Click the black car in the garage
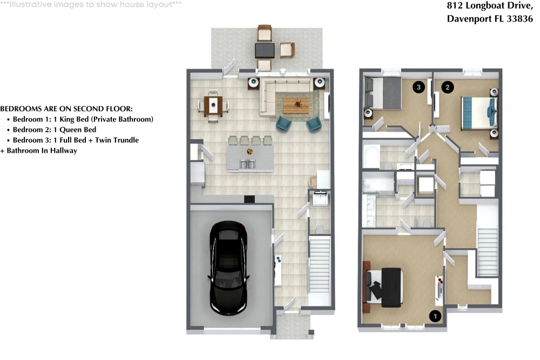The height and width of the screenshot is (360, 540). [228, 267]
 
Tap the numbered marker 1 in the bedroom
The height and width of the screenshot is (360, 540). [435, 316]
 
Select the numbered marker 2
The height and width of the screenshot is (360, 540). [447, 87]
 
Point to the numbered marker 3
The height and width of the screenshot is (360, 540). [418, 87]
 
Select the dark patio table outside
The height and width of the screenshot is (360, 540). [265, 50]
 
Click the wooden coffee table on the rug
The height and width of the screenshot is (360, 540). [296, 106]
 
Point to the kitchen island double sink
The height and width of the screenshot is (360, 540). [247, 164]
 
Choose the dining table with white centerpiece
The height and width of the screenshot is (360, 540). [213, 105]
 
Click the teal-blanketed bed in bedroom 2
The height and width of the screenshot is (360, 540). [478, 113]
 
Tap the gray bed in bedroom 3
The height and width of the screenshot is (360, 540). [383, 93]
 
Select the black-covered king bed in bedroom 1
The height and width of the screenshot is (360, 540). [384, 288]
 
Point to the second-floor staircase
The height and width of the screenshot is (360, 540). [488, 252]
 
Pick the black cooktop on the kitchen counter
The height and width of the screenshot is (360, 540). [249, 199]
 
